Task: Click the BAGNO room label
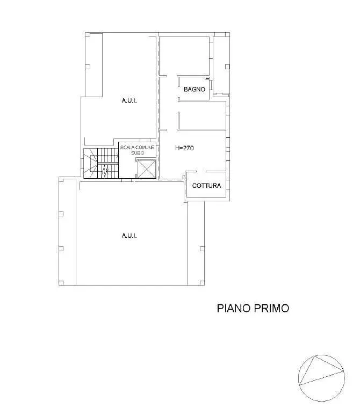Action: click(x=194, y=89)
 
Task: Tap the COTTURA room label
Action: click(x=206, y=186)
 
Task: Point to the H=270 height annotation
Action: click(x=184, y=148)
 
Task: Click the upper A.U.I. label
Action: click(x=129, y=100)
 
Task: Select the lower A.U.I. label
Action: click(x=129, y=236)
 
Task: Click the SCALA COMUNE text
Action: click(x=138, y=148)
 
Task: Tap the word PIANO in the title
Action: click(x=234, y=308)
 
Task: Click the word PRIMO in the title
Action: click(x=271, y=308)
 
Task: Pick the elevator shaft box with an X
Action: click(x=147, y=169)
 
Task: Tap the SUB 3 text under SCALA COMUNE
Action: click(x=138, y=153)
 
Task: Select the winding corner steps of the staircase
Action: click(x=90, y=163)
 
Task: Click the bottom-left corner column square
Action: click(x=61, y=282)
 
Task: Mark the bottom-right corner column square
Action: click(x=202, y=282)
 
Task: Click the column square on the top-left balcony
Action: click(x=88, y=67)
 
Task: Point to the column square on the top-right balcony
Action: click(x=227, y=67)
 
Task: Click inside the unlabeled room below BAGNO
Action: click(x=202, y=115)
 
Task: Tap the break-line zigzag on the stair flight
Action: click(x=105, y=171)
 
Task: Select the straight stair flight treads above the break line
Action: click(x=108, y=156)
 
